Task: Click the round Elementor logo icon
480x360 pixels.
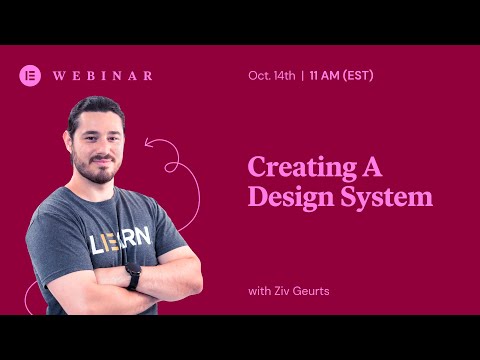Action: coord(30,75)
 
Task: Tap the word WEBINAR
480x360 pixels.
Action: coord(102,75)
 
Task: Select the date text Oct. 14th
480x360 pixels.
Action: coord(271,75)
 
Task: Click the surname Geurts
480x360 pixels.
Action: coord(314,290)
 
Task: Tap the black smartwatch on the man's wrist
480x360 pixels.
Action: coord(133,276)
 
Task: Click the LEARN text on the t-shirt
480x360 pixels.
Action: coord(120,240)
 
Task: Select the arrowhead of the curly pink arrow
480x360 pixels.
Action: coord(149,143)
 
